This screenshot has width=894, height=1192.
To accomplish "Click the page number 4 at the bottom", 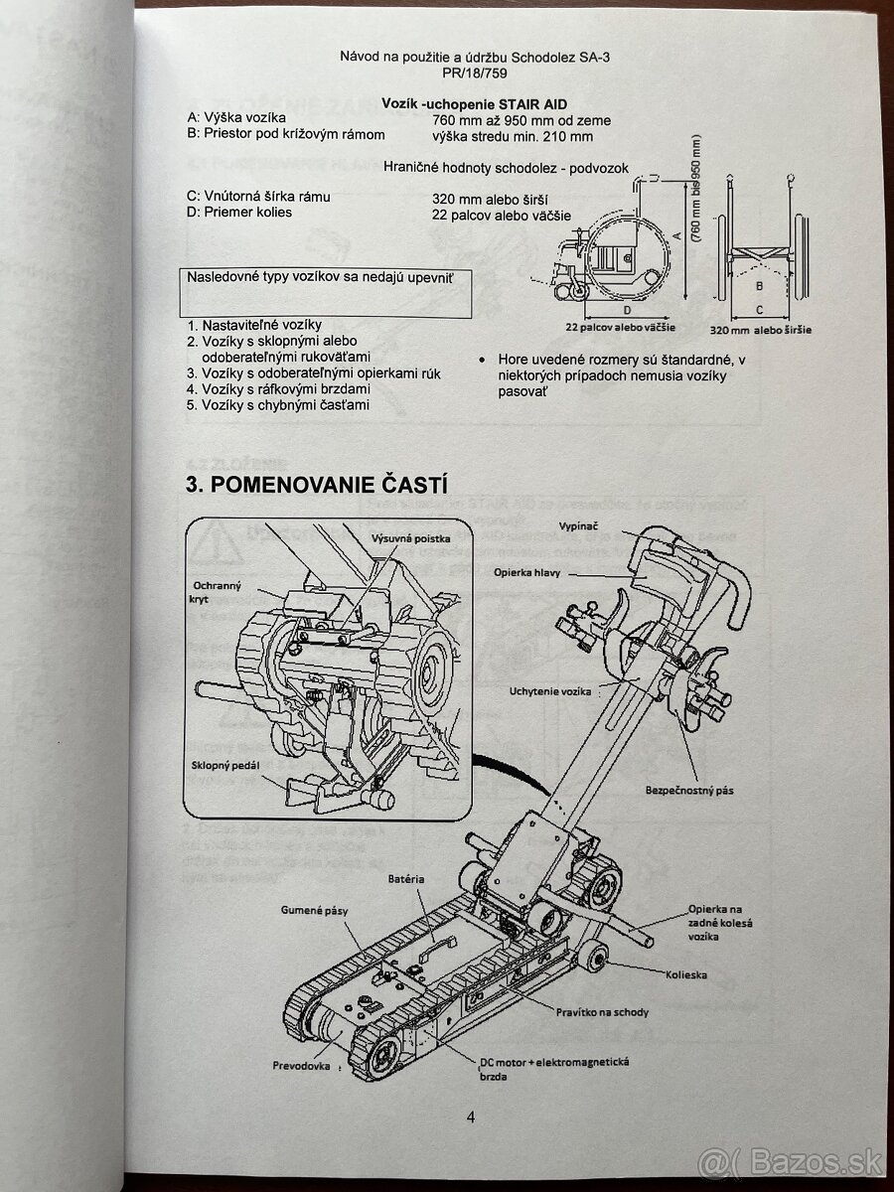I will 471,1117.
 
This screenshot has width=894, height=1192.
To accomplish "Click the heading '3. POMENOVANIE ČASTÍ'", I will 317,486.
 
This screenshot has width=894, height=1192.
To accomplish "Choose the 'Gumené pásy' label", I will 315,909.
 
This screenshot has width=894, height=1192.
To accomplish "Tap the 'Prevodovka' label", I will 301,1066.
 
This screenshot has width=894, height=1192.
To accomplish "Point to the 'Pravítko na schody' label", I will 601,1011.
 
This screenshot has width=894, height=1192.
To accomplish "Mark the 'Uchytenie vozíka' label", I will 549,690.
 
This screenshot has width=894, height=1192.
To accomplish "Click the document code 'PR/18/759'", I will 474,74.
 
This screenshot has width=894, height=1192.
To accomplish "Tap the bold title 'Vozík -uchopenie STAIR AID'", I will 475,103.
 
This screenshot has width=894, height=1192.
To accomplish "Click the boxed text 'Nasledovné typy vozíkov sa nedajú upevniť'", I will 320,278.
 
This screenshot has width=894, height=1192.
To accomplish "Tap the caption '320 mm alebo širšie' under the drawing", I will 760,330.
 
